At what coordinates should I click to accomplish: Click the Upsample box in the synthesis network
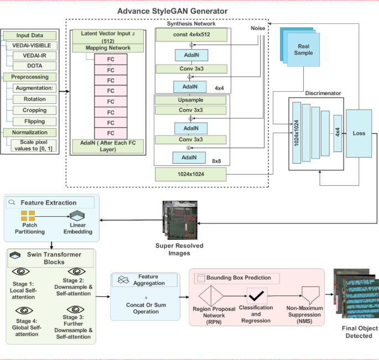point(191,100)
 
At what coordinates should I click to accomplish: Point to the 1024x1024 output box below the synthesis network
point(191,175)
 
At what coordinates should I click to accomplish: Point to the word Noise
point(258,27)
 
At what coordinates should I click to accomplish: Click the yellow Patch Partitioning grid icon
point(28,216)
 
